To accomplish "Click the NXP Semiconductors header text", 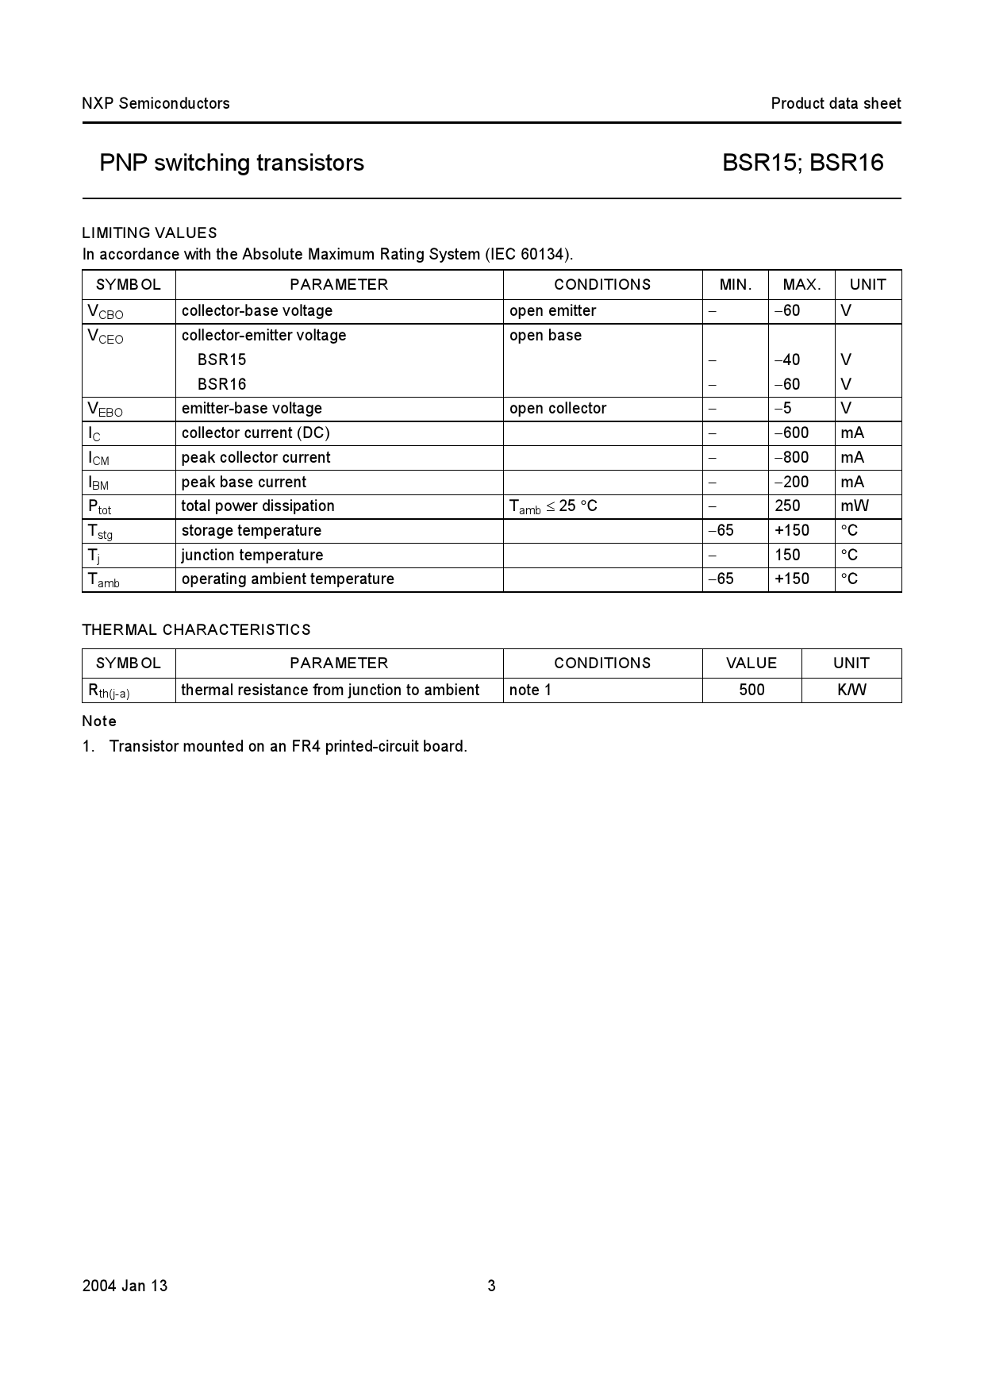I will coord(156,103).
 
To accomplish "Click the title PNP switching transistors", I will coord(232,163).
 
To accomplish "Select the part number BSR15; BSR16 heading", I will coord(802,163).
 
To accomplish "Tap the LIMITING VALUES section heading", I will coord(149,233).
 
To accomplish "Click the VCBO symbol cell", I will coord(106,312).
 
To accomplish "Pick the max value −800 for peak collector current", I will coord(791,457).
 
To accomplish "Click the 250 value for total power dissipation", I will coord(787,506).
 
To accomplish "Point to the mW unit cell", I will coord(855,506).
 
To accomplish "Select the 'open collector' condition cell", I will coord(557,408).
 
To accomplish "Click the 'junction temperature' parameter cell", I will coord(252,555).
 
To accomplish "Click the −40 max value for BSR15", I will coord(787,360).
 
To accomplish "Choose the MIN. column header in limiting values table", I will coord(735,284).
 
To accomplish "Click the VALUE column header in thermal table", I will coord(751,663).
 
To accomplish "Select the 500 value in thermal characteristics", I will coord(751,690).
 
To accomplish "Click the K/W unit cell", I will coord(851,690).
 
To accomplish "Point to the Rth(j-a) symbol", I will coord(109,691).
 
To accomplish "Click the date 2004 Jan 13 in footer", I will coord(125,1286).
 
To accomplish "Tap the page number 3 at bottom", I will coord(491,1286).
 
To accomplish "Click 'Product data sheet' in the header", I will coord(836,103).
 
